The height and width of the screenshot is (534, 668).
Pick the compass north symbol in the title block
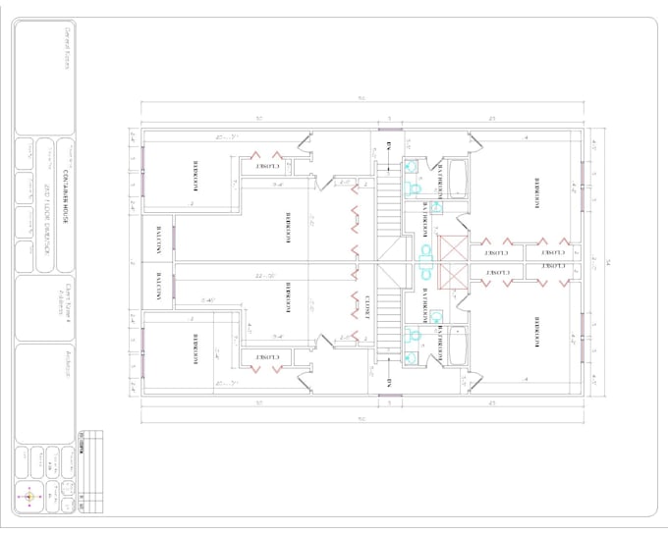28,497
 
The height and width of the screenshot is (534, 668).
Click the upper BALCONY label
158,239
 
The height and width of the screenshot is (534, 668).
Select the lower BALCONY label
158,288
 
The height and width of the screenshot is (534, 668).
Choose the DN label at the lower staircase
389,379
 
